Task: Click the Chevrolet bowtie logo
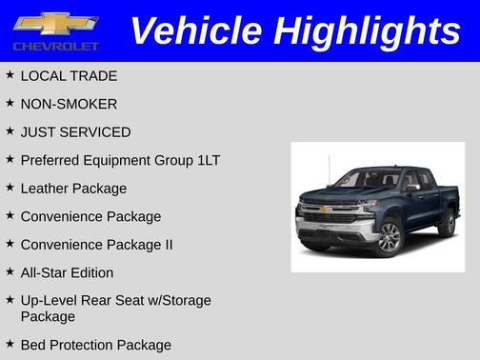[56, 23]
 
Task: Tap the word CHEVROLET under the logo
[56, 46]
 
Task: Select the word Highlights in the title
[367, 30]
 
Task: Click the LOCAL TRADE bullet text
[69, 75]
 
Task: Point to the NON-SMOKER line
[69, 104]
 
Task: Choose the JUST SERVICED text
[75, 132]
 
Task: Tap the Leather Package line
[73, 189]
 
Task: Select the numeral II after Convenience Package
[168, 245]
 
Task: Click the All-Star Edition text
[67, 272]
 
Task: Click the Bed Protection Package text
[95, 345]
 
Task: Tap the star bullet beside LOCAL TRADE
[10, 74]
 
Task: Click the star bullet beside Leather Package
[10, 188]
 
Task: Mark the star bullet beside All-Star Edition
[10, 271]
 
